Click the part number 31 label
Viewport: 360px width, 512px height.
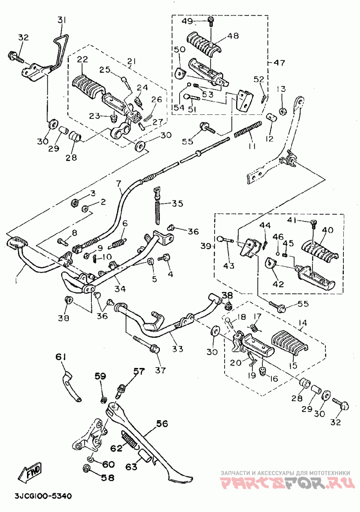tap(62, 20)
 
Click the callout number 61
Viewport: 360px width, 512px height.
tap(61, 357)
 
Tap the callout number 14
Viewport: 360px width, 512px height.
tap(302, 323)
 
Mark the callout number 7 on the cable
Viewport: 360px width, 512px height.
tap(119, 184)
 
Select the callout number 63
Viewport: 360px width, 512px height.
tap(131, 467)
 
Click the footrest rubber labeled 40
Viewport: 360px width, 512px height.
tap(321, 249)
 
